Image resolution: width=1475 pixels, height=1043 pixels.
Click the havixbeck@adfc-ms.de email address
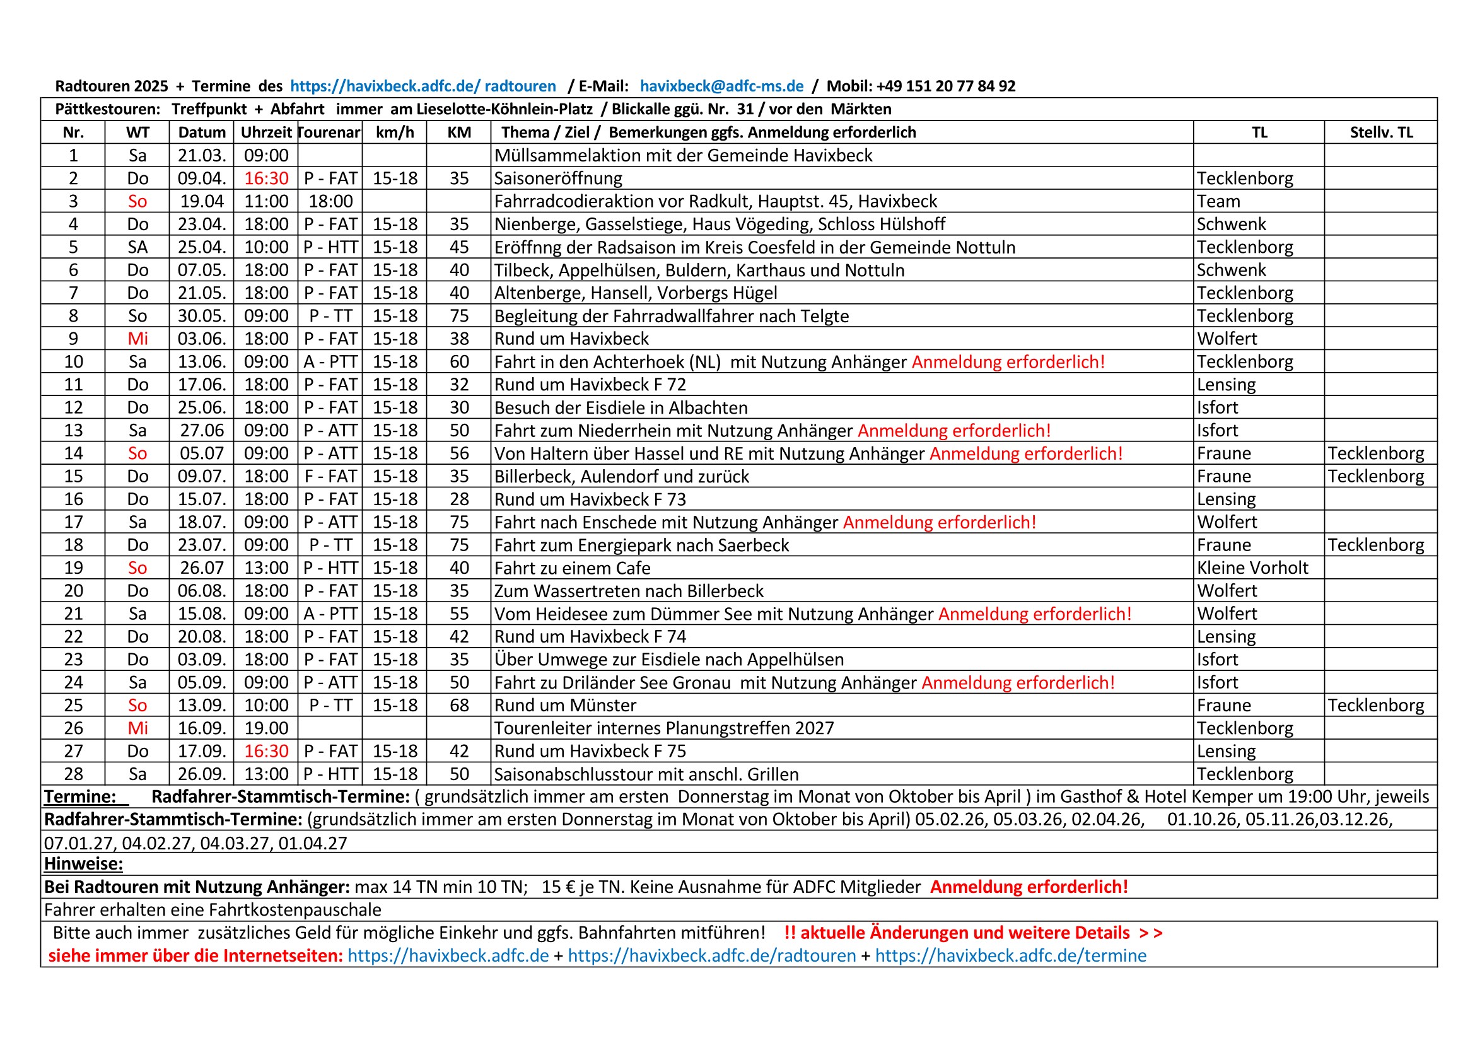point(721,86)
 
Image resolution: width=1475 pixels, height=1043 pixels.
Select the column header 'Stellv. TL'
point(1381,132)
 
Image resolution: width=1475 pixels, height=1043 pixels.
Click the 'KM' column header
point(458,132)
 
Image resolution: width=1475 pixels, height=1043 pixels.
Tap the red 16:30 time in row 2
point(266,178)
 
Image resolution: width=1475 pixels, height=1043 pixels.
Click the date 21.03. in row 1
point(202,155)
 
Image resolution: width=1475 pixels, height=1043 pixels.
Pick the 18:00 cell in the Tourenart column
point(330,201)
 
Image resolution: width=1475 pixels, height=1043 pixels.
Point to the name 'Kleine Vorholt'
point(1252,568)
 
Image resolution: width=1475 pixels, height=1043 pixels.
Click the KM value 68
point(458,705)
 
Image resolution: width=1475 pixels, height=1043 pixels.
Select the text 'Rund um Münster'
point(565,705)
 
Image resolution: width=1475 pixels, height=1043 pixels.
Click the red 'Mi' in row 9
point(137,339)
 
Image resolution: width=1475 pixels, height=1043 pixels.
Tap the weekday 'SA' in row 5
point(137,247)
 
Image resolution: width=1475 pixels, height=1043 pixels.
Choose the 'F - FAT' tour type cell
point(330,476)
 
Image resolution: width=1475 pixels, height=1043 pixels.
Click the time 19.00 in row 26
point(266,728)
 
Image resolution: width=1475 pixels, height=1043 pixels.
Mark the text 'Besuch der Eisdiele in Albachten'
point(621,408)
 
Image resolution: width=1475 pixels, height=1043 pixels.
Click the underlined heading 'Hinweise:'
point(83,864)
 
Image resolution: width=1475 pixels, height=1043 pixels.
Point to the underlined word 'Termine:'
point(79,796)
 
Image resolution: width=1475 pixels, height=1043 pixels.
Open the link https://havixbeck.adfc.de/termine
point(1010,955)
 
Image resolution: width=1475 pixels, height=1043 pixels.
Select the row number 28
point(73,774)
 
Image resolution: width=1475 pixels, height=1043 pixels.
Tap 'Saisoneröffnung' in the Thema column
point(558,178)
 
